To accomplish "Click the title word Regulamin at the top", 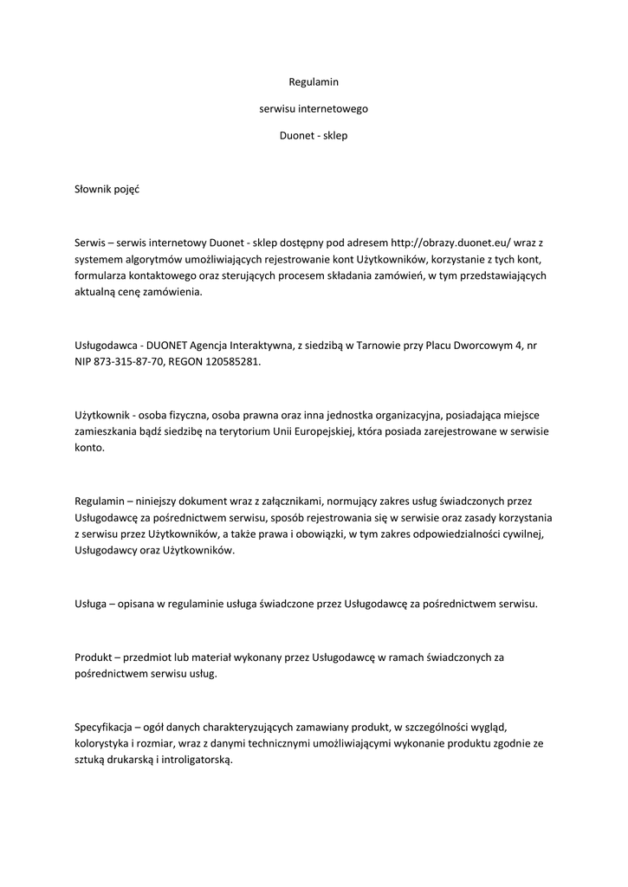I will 313,82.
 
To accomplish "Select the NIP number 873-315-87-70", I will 131,362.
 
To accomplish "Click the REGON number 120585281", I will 229,362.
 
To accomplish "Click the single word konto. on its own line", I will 89,449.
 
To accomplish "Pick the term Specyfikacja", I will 102,727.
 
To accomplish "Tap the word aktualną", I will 95,292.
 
